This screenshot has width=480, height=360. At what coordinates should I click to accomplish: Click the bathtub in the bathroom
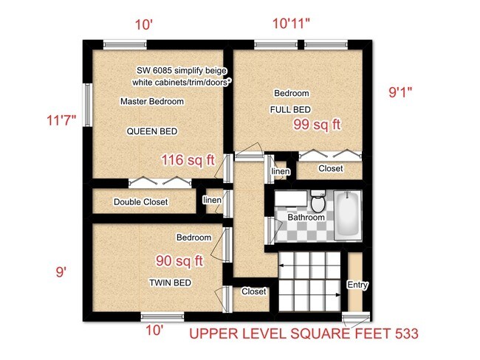click(x=348, y=215)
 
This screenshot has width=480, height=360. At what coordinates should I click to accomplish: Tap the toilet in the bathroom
click(x=318, y=201)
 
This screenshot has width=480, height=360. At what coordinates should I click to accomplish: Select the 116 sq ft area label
click(x=188, y=160)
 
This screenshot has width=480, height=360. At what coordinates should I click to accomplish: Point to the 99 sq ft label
click(x=317, y=125)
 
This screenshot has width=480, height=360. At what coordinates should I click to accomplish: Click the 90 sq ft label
click(x=179, y=261)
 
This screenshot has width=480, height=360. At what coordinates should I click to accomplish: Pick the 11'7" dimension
click(x=61, y=120)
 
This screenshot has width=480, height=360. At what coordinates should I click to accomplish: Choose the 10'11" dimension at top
click(x=291, y=24)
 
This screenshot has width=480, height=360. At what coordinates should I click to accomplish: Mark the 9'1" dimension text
click(x=400, y=91)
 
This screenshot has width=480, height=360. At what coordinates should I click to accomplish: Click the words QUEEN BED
click(x=152, y=131)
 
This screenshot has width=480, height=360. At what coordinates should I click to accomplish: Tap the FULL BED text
click(x=290, y=109)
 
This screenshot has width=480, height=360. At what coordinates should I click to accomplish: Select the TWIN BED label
click(x=170, y=283)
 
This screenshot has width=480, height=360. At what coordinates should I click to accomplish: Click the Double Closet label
click(x=141, y=202)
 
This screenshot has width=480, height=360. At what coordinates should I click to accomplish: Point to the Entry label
click(x=357, y=285)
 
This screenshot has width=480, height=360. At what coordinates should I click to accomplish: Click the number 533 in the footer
click(x=407, y=333)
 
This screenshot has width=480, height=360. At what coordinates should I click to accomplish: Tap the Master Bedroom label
click(x=152, y=101)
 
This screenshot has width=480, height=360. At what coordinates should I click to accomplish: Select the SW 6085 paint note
click(x=182, y=71)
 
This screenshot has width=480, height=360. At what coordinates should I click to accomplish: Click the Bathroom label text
click(x=306, y=218)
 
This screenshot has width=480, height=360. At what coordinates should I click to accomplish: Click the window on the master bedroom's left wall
click(x=88, y=105)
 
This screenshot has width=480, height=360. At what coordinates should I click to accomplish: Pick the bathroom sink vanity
click(x=291, y=198)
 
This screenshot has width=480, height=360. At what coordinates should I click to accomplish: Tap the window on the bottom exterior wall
click(x=162, y=316)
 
